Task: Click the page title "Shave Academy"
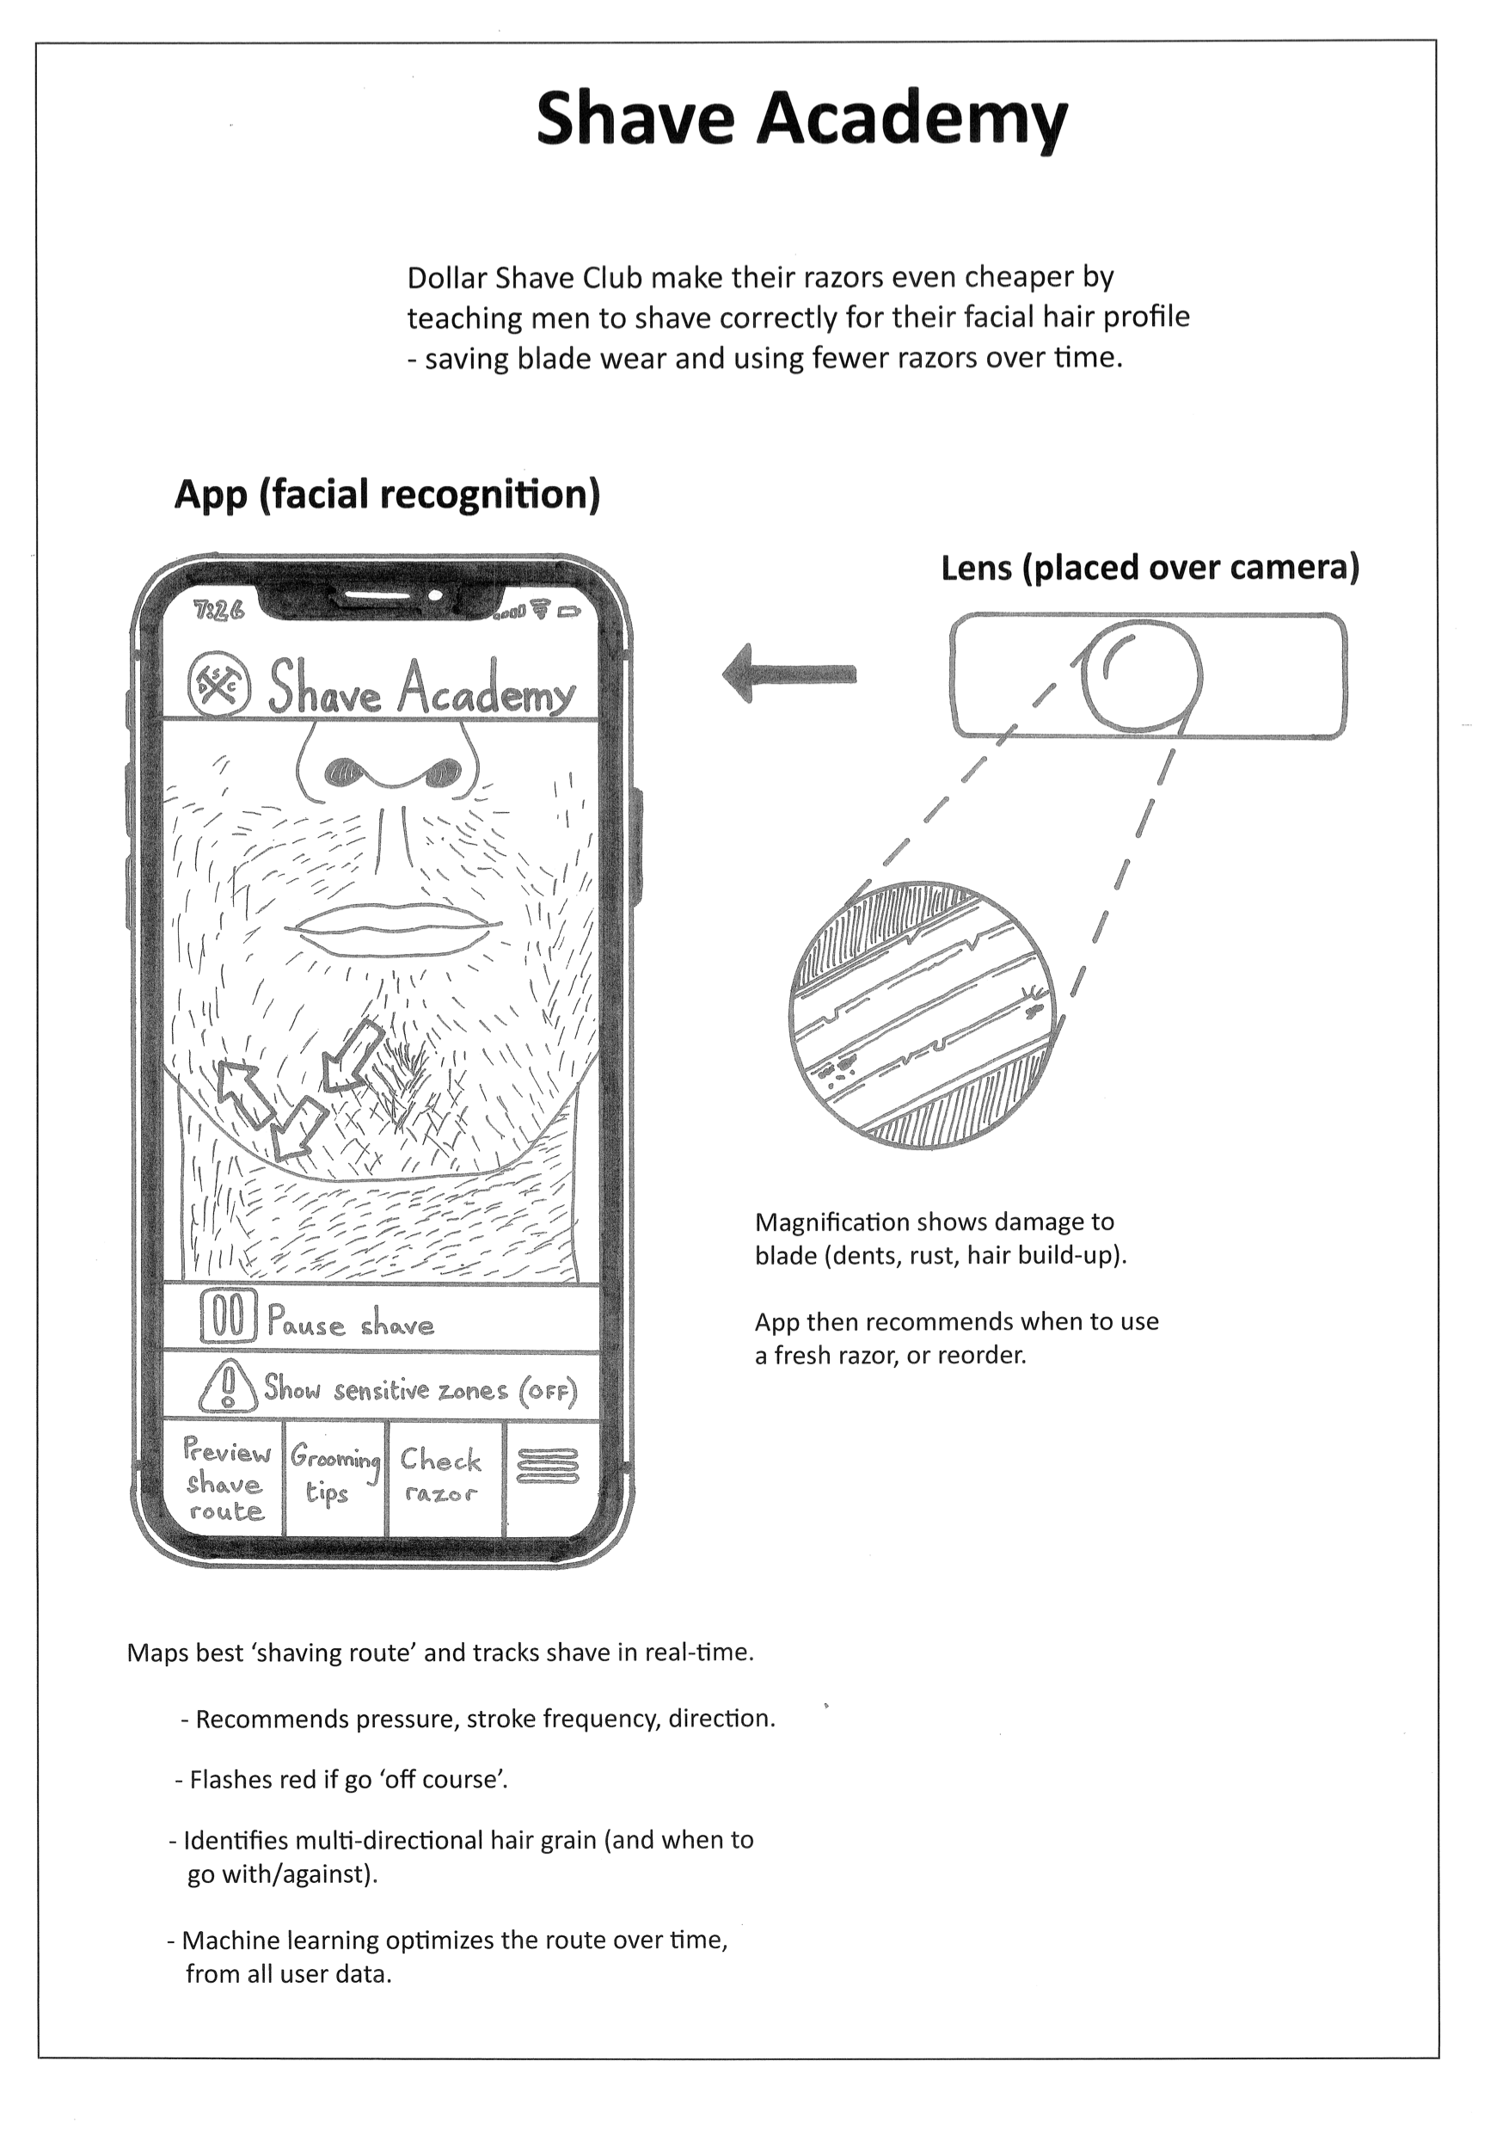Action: (x=801, y=119)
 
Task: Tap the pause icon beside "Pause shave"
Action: (x=228, y=1318)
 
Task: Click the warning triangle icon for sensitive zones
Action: (x=228, y=1387)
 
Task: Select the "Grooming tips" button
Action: (x=334, y=1474)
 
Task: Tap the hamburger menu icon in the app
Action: (x=547, y=1467)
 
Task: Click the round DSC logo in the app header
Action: (x=218, y=684)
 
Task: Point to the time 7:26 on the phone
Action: (x=218, y=610)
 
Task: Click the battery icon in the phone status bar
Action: (x=569, y=612)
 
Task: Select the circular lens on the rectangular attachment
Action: (x=1142, y=674)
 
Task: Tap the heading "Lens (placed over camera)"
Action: (x=1150, y=567)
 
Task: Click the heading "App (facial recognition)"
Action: (x=387, y=494)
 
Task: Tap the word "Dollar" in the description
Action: (x=447, y=277)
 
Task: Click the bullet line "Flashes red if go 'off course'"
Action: (x=342, y=1780)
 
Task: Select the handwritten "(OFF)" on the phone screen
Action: (x=548, y=1392)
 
